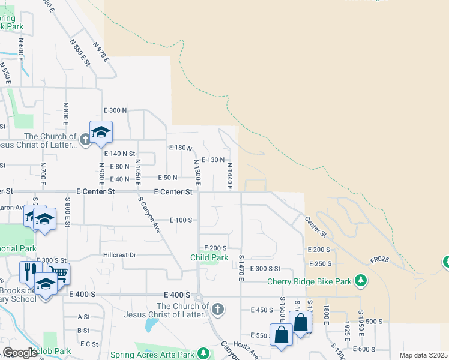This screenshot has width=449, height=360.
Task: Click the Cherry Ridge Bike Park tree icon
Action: click(x=360, y=281)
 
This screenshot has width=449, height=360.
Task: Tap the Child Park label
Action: click(x=209, y=257)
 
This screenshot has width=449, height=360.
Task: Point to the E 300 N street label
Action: click(x=116, y=110)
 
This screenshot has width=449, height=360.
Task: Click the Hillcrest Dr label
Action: click(x=120, y=254)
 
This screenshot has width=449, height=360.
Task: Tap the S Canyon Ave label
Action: click(x=149, y=217)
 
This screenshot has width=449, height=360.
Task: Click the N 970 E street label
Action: click(x=101, y=52)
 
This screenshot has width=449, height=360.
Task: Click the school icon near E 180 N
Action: click(x=101, y=132)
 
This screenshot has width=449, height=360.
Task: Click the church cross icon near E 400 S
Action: click(x=218, y=310)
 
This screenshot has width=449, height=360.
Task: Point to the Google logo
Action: click(x=20, y=353)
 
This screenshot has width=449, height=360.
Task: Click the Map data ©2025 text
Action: click(x=423, y=355)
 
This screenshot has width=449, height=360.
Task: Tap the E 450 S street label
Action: click(x=261, y=310)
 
